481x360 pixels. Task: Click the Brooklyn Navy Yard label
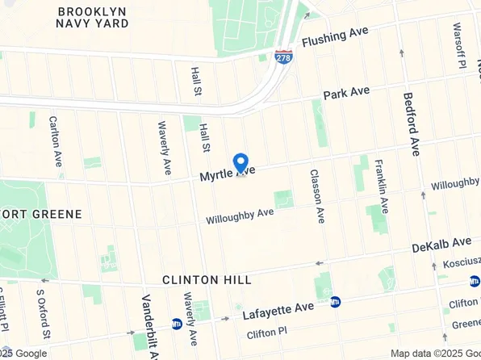coord(93,17)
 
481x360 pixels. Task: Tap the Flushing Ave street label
coord(334,36)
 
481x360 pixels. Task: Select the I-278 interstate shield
coord(283,57)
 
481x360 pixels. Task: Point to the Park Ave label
coord(346,94)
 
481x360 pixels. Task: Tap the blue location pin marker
coord(240,163)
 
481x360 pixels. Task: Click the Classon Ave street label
coord(316,196)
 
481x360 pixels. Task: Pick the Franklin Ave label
coord(379,184)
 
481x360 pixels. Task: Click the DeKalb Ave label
coord(441,244)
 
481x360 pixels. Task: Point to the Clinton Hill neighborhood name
coord(207,279)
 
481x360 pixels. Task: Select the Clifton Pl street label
coord(266,332)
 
